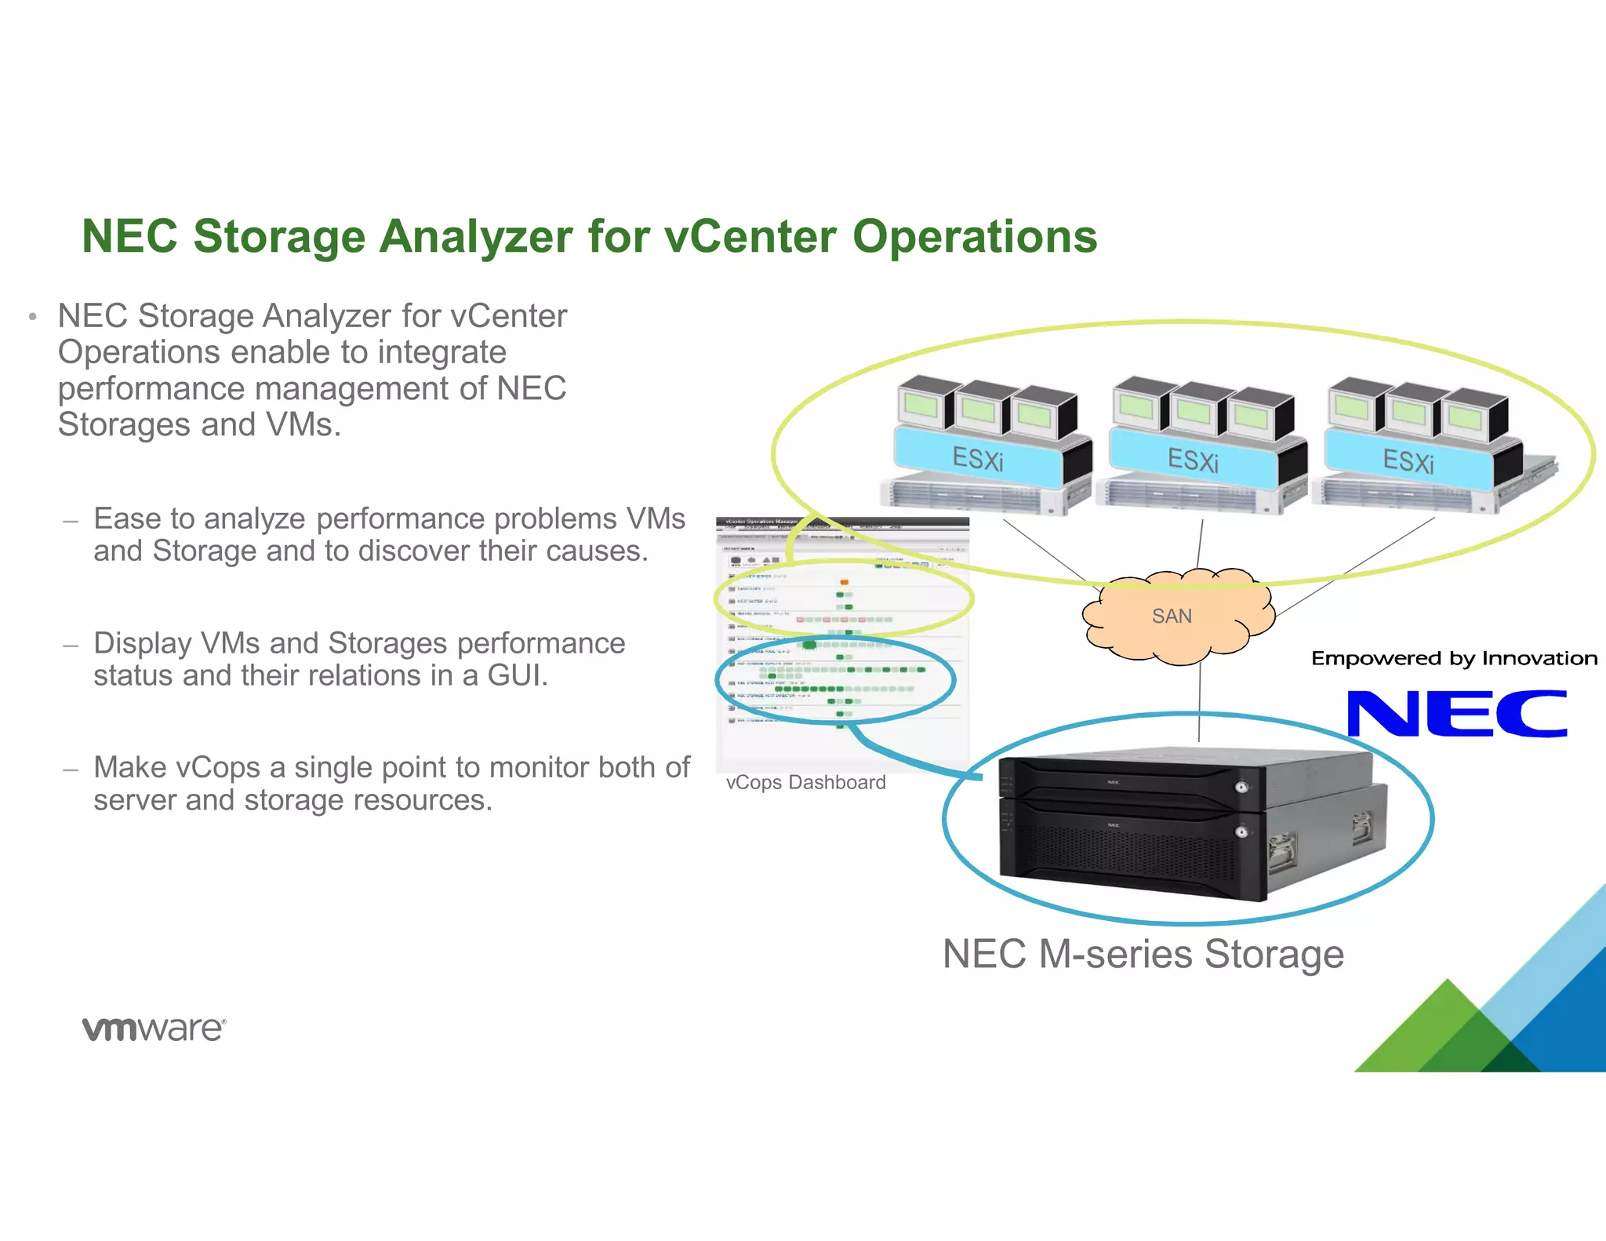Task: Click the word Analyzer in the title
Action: (475, 236)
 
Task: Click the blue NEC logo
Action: (1456, 714)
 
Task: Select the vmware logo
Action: (154, 1028)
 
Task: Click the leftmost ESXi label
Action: (978, 459)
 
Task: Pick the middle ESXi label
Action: (1193, 460)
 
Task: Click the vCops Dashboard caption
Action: (805, 782)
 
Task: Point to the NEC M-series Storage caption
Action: (1143, 954)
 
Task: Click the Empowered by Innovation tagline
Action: (1453, 658)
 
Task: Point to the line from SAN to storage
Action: (1199, 702)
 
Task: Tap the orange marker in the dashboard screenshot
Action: (844, 581)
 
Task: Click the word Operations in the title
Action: (974, 236)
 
